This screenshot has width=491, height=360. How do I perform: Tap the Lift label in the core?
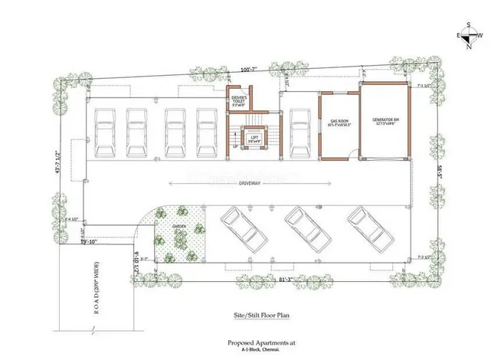(x=254, y=139)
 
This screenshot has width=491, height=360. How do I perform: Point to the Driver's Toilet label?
(x=239, y=101)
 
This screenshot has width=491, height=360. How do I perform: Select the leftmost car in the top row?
(x=105, y=131)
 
